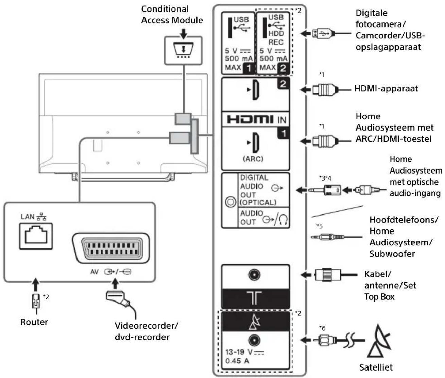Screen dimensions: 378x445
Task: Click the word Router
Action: (34, 322)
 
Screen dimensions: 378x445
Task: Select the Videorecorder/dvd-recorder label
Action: (146, 331)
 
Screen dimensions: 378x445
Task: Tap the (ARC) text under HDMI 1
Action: (253, 159)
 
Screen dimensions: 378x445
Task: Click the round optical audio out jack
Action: (230, 202)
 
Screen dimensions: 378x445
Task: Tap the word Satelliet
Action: (376, 367)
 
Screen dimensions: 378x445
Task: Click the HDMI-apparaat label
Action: (386, 89)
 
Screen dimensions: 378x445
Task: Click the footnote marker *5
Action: (320, 226)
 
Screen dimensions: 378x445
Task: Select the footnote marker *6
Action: (322, 328)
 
